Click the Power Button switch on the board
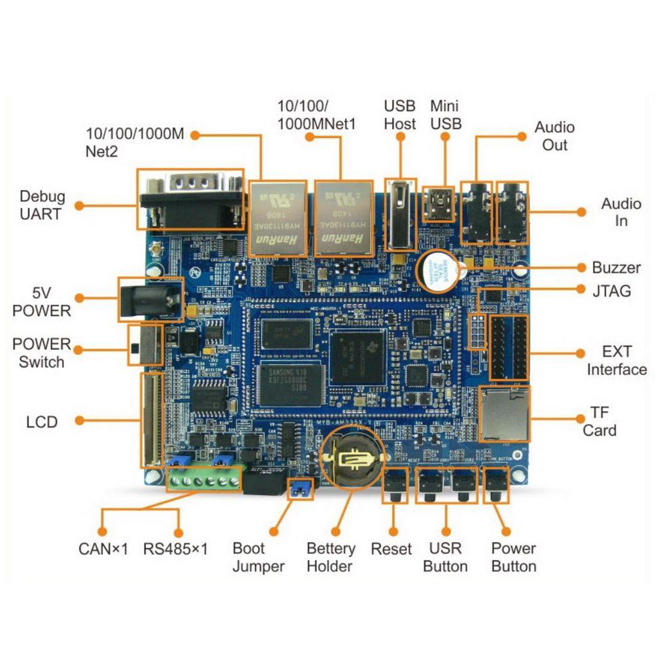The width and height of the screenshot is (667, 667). pos(496,485)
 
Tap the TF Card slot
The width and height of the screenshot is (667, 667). pos(504,414)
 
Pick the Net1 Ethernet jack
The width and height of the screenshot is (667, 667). pos(344,217)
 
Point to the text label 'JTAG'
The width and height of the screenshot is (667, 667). pos(612,291)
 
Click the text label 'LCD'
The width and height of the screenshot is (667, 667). pos(42,422)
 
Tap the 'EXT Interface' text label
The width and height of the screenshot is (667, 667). pos(616,360)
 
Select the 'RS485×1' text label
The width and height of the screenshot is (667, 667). pos(175,549)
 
